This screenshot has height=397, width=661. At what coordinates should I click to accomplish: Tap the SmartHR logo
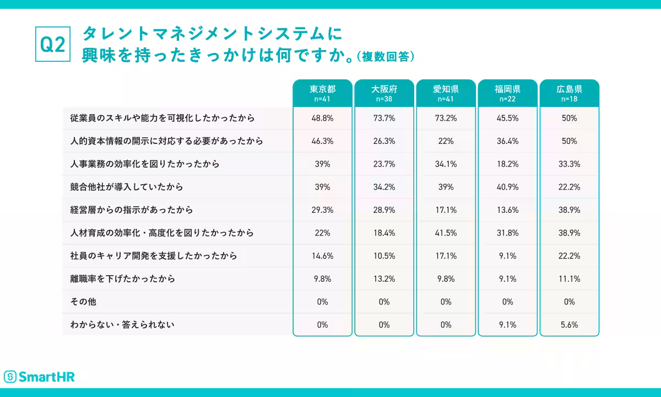coord(39,377)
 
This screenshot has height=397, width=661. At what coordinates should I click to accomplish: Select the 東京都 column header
coord(322,93)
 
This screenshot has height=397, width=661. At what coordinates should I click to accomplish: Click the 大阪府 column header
coord(384,93)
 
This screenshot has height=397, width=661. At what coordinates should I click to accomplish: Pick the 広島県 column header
coord(569,93)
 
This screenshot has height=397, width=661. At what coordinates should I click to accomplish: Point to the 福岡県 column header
coord(507,93)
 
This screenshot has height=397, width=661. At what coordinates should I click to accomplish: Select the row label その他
coord(83,302)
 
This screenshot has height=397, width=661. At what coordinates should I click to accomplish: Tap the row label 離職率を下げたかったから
coord(122,278)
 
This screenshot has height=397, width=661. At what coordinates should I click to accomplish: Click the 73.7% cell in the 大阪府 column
coord(384,118)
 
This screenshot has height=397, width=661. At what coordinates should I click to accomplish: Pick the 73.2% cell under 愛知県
coord(446,118)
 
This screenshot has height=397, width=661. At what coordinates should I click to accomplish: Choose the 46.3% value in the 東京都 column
coord(322,141)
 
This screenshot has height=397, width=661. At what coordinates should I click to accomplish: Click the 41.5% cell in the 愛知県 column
coord(446,233)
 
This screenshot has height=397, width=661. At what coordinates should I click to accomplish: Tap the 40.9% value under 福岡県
coord(507,187)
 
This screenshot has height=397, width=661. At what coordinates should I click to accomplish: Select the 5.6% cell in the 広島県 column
coord(569,325)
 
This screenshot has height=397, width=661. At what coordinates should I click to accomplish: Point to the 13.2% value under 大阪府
coord(384,278)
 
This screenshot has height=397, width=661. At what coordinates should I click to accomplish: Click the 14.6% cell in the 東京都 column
coord(322,256)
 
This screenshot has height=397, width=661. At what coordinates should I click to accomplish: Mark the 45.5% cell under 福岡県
coord(507,118)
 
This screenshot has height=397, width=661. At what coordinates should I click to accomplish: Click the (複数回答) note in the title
coord(385,57)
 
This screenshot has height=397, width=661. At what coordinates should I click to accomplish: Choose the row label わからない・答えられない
coord(122,325)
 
